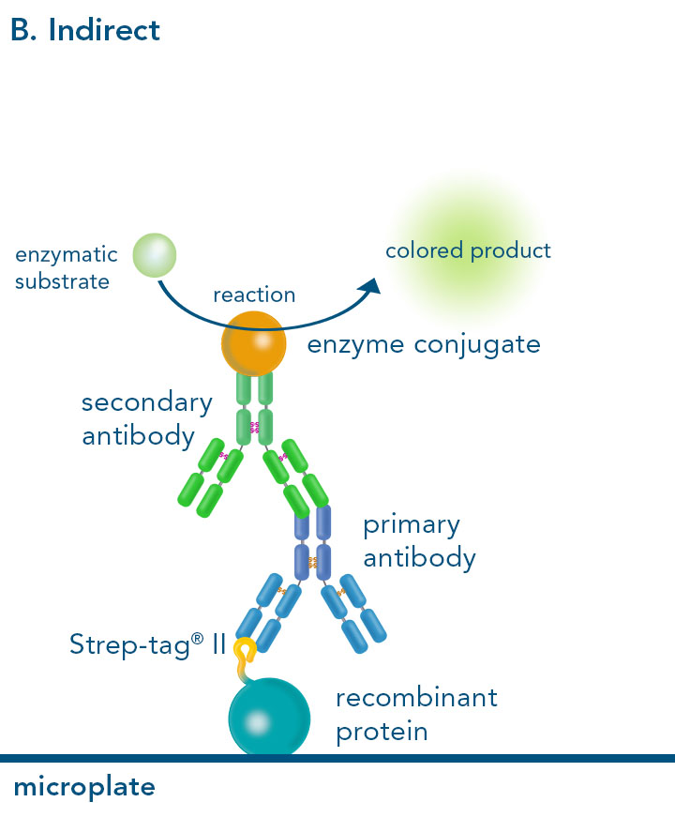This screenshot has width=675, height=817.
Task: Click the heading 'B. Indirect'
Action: (85, 30)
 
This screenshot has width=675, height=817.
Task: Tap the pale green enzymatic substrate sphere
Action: (155, 253)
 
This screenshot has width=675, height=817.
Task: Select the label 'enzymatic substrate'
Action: (66, 267)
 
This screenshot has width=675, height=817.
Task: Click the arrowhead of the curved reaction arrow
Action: (372, 285)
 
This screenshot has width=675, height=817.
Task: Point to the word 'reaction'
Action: (254, 295)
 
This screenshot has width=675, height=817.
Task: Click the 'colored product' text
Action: (468, 250)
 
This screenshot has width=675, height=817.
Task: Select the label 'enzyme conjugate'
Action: (424, 344)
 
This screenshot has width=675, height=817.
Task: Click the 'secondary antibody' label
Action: (146, 419)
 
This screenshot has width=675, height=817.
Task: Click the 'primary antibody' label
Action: (419, 540)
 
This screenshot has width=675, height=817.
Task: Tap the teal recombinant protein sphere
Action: (268, 718)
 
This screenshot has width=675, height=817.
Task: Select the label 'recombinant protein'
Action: (416, 714)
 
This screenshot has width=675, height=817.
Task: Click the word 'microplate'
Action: (83, 786)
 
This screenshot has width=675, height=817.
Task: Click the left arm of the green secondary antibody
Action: (207, 480)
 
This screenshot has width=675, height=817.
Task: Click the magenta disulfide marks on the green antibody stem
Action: (254, 427)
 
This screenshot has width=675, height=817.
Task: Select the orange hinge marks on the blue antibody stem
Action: (312, 563)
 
